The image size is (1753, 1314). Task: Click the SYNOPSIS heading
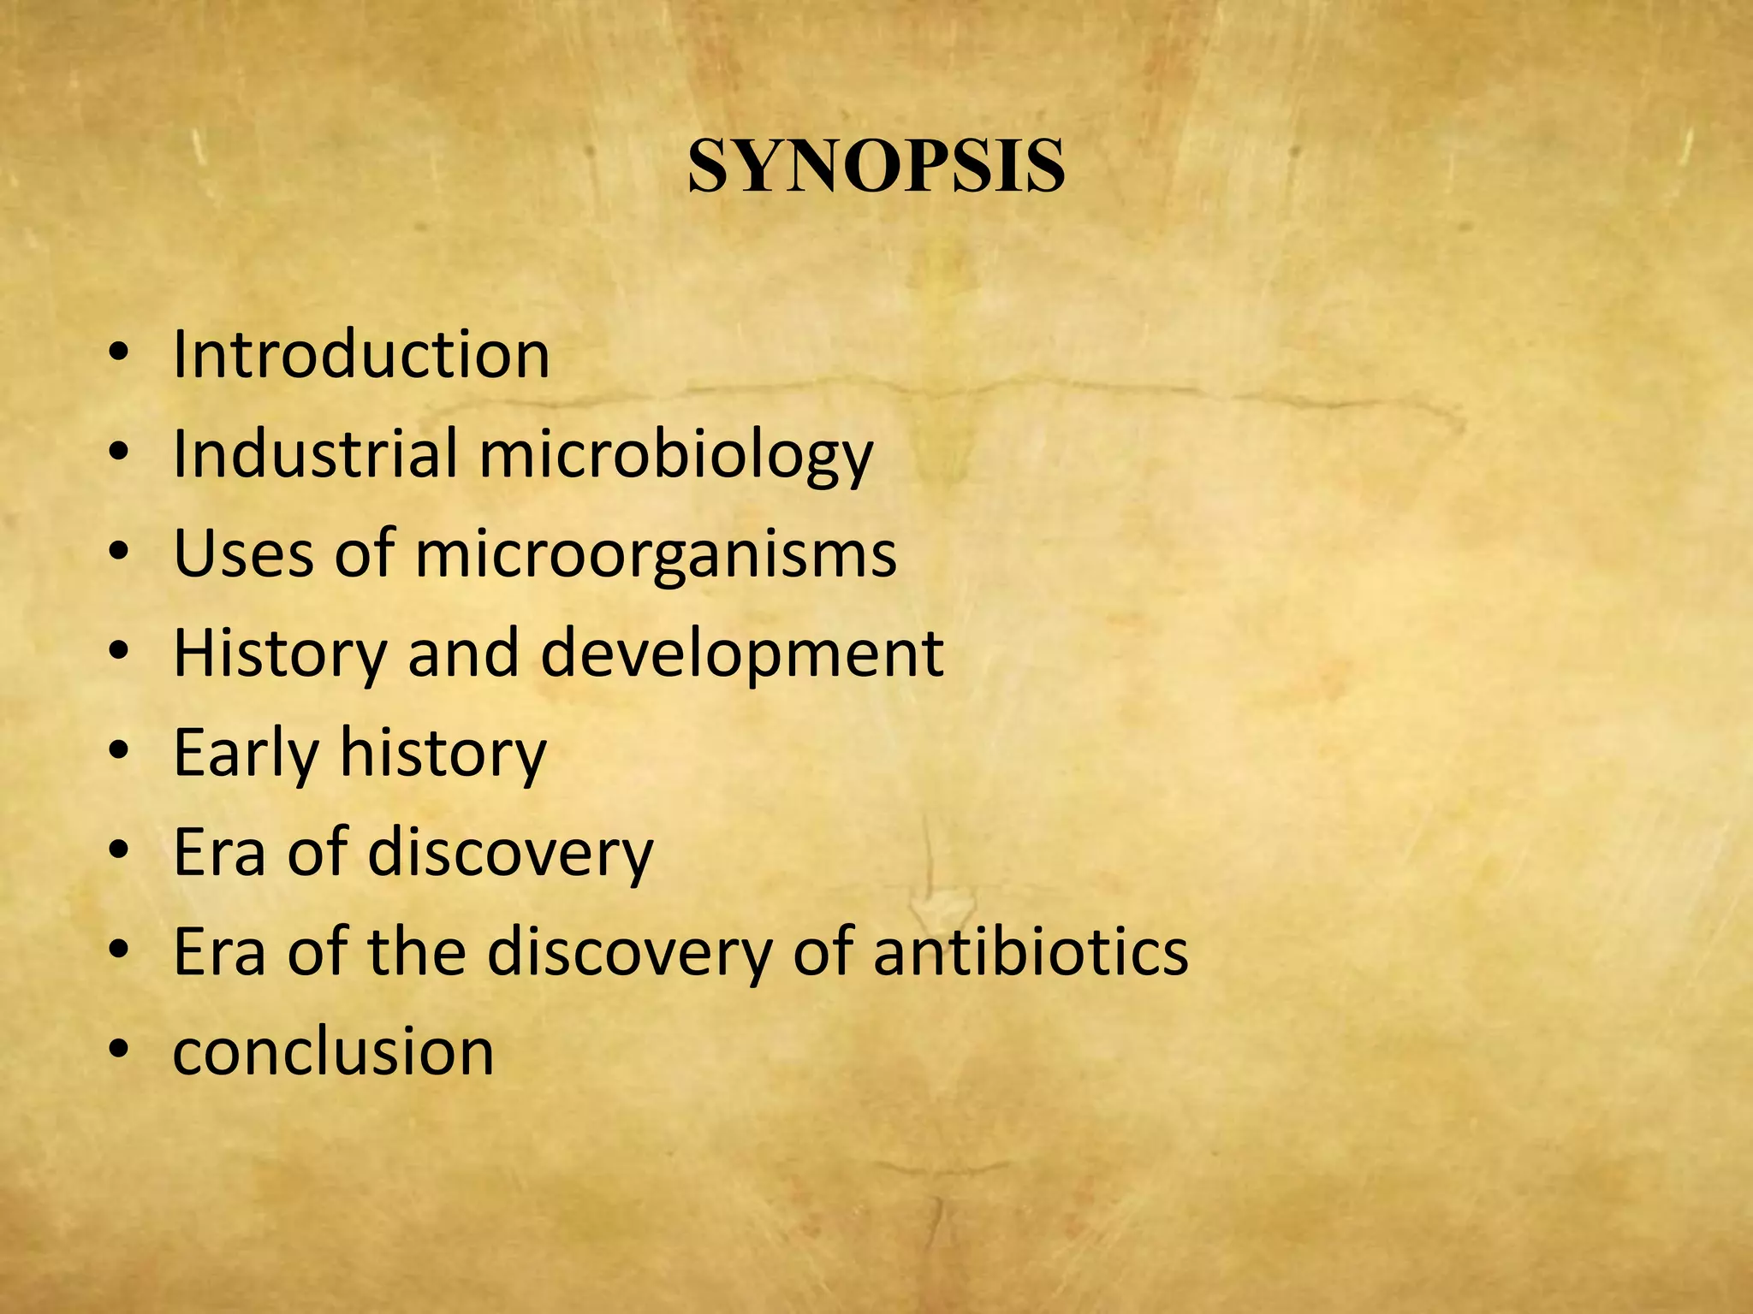click(876, 166)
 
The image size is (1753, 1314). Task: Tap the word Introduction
click(361, 354)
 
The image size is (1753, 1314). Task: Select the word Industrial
click(315, 453)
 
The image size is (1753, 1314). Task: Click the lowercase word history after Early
click(443, 753)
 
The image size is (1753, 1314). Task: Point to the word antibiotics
click(1031, 951)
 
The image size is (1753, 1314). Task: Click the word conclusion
click(334, 1051)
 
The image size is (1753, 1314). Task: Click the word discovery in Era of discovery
click(510, 853)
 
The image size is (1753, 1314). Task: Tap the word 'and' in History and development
click(463, 654)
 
